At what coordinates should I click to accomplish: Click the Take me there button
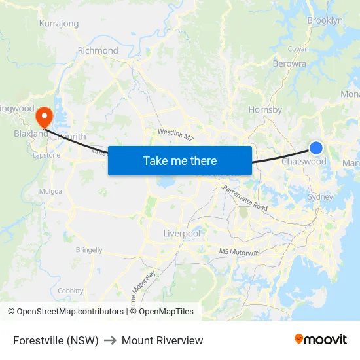(180, 160)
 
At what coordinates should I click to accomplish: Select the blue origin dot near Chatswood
(316, 148)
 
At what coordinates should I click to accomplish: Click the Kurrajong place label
(59, 24)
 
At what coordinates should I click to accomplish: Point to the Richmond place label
(98, 50)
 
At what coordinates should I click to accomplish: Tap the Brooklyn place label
(325, 21)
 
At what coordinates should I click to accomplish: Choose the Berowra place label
(289, 64)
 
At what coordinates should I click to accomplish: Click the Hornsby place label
(265, 110)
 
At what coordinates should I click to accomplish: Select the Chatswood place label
(304, 162)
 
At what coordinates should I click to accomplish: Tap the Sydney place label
(320, 196)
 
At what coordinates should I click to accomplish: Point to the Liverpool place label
(181, 234)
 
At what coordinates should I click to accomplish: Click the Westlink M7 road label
(175, 134)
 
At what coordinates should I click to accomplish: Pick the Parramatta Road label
(245, 198)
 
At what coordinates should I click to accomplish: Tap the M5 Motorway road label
(240, 252)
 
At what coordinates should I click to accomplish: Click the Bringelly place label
(89, 249)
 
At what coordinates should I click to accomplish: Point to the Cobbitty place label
(71, 291)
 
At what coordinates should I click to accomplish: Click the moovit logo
(320, 340)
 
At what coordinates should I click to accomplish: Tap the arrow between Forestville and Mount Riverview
(110, 340)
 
